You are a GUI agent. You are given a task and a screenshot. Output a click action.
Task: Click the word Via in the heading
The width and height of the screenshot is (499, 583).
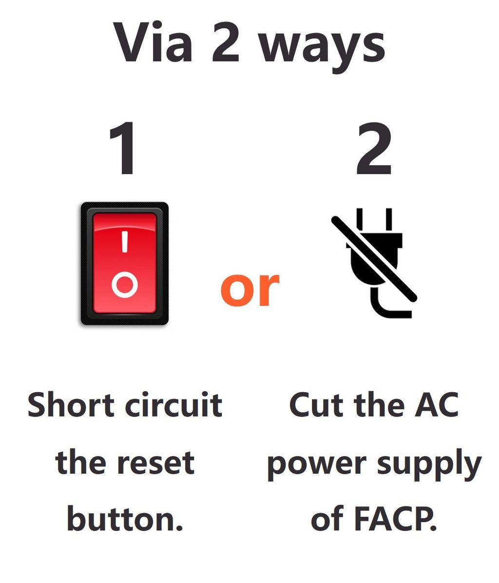[x=153, y=41]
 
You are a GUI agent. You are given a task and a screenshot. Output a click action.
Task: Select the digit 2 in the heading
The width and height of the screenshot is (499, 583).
[x=225, y=42]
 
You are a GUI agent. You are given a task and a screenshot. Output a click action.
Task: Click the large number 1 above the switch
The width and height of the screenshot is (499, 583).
[x=122, y=148]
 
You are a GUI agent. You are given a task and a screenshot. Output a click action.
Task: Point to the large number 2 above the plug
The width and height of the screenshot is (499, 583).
[x=374, y=149]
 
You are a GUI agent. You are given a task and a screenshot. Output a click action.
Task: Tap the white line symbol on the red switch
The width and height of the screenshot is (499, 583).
[x=125, y=242]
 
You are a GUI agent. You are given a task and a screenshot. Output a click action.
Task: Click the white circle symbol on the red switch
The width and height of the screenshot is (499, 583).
[x=125, y=285]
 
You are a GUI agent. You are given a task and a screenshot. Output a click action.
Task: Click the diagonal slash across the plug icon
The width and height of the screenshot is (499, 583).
[x=374, y=259]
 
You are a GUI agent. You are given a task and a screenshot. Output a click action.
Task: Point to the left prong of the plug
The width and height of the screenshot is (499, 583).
[x=360, y=220]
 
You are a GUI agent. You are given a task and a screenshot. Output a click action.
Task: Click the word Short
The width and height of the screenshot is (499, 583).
[x=71, y=404]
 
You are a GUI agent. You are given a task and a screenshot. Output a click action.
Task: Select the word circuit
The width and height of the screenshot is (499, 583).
[x=173, y=404]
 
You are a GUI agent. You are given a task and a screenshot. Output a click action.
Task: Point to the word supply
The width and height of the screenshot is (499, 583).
[x=429, y=465]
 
